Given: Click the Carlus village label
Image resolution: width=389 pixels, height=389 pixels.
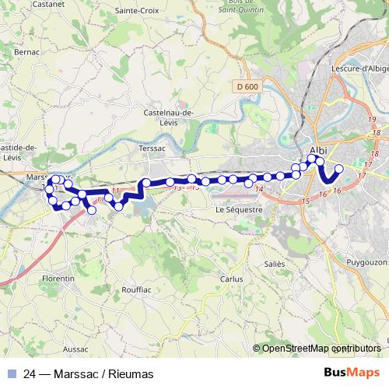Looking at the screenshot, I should pyautogui.click(x=231, y=278).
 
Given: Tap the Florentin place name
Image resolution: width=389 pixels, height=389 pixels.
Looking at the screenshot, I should pyautogui.click(x=59, y=278).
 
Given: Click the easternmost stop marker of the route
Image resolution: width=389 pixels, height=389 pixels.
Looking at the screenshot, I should pyautogui.click(x=338, y=169).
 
